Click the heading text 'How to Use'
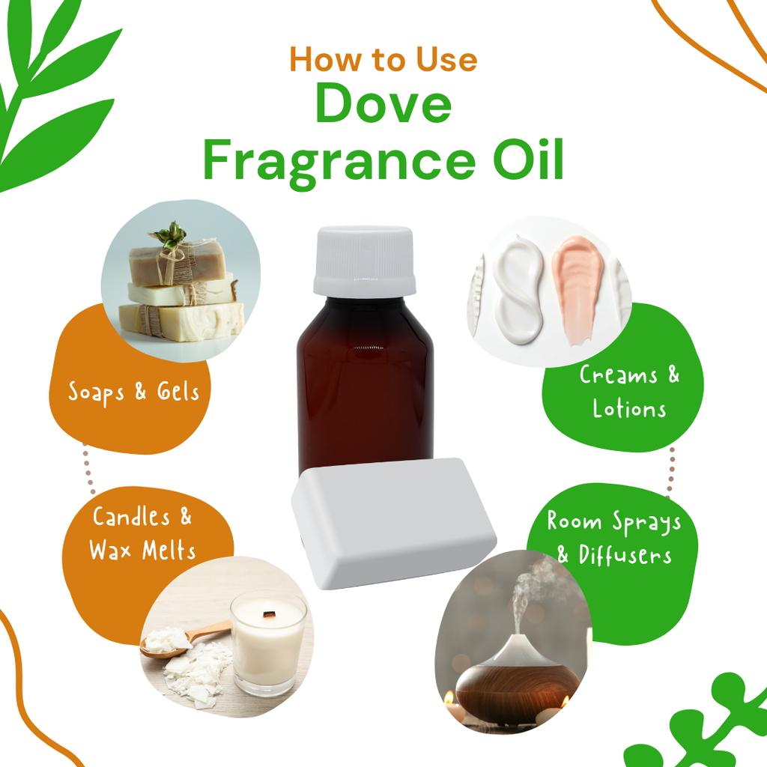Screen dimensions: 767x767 [x=383, y=60]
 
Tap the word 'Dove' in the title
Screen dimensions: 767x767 [x=383, y=103]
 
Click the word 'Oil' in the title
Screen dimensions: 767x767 [x=528, y=158]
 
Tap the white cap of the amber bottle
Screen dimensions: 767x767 [x=365, y=261]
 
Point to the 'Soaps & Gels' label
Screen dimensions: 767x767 [x=133, y=392]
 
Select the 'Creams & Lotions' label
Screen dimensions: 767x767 [x=629, y=392]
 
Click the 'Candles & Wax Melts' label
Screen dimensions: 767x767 [x=142, y=533]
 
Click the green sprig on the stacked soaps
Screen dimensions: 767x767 [x=169, y=234]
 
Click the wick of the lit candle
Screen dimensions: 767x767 [x=268, y=613]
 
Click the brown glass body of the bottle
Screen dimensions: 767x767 [x=365, y=386]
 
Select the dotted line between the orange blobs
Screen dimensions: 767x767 [x=88, y=469]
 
